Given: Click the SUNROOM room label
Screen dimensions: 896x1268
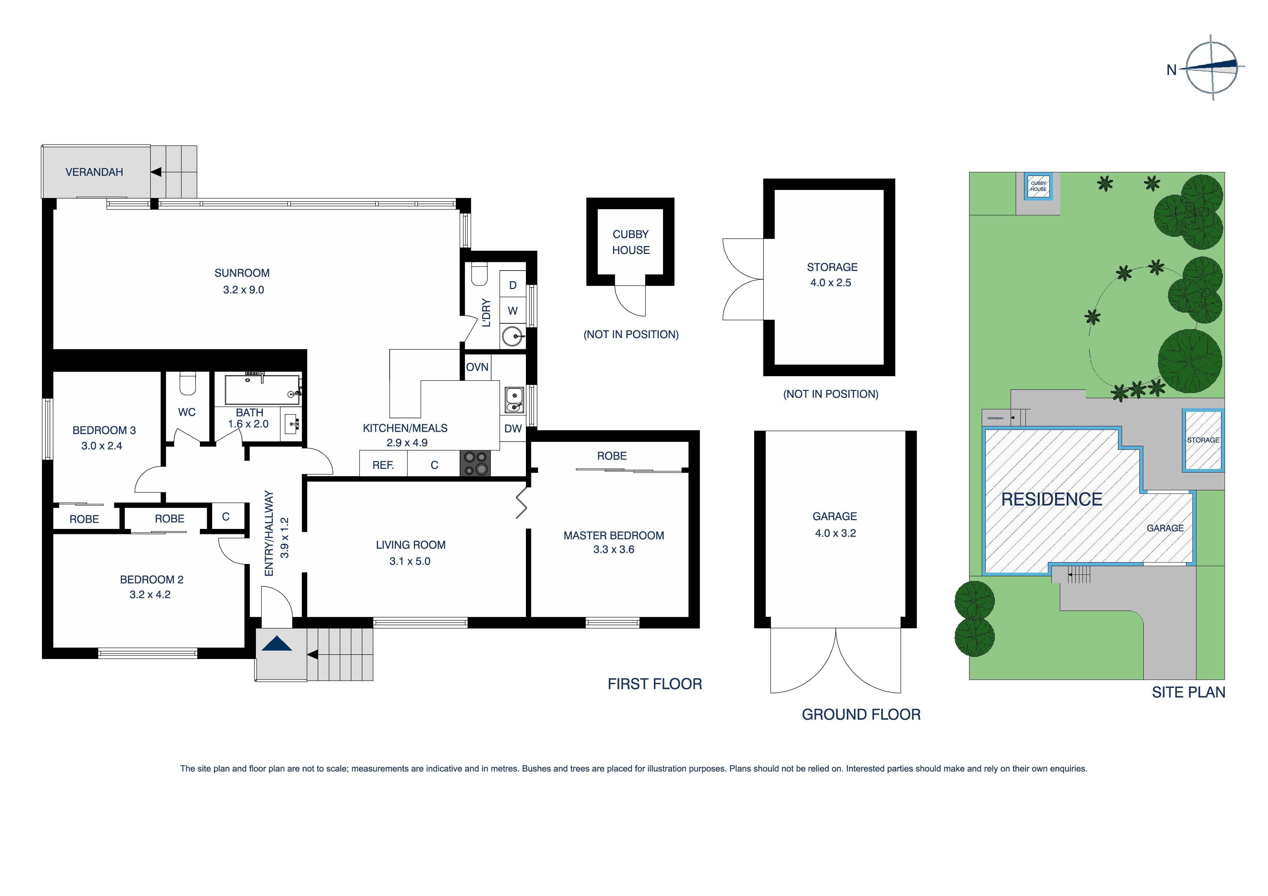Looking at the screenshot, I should click(x=242, y=273).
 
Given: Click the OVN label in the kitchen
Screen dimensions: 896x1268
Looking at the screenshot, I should click(x=477, y=367).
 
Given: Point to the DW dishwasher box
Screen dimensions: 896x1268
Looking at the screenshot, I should click(x=513, y=428).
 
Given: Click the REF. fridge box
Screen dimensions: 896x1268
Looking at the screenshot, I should click(x=383, y=465).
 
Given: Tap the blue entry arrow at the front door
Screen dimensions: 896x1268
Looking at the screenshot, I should click(x=276, y=644).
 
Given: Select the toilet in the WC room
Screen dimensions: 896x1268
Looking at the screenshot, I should click(x=188, y=384).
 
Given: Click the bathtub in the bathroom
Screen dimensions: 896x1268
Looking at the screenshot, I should click(x=262, y=390).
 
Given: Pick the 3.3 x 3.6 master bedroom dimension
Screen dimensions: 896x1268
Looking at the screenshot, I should click(x=613, y=549).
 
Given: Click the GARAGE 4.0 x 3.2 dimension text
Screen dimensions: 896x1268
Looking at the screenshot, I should click(x=835, y=533).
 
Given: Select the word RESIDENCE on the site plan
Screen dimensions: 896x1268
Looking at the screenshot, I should click(x=1051, y=500).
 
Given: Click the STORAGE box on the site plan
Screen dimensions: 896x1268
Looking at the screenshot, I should click(x=1203, y=440).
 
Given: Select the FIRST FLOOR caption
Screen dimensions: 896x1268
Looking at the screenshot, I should click(x=655, y=684).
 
